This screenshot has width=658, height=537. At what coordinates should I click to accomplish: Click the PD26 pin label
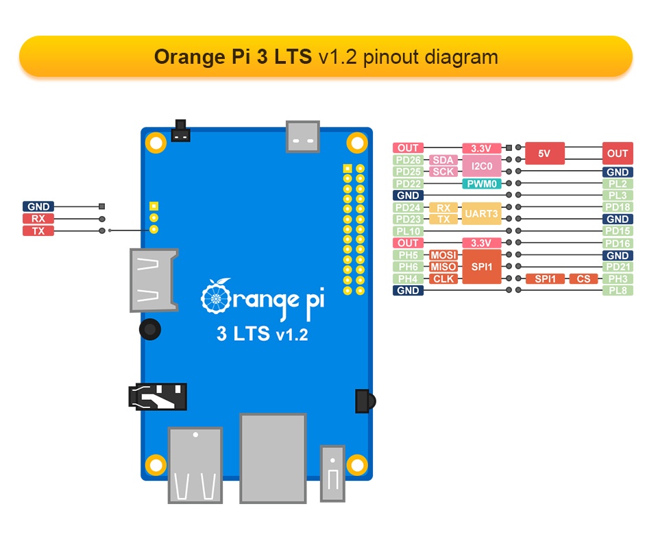(x=408, y=160)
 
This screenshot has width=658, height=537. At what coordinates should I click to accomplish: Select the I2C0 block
(x=482, y=166)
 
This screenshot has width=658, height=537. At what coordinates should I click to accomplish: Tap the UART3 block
(x=482, y=213)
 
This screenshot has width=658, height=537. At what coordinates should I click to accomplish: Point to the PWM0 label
(x=482, y=184)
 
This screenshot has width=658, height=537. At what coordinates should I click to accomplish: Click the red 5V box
(x=544, y=154)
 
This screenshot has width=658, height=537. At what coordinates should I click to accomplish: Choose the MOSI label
(x=443, y=255)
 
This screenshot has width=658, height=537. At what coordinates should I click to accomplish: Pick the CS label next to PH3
(x=583, y=279)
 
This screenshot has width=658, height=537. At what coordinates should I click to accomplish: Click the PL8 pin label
(x=618, y=291)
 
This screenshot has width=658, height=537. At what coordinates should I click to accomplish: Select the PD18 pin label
(x=618, y=207)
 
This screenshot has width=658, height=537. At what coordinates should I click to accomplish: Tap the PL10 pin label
(x=408, y=231)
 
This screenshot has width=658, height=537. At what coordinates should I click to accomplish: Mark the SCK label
(x=443, y=171)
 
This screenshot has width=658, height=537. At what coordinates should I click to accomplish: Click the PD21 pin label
(x=618, y=267)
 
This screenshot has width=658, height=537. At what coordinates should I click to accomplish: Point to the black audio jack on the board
(x=158, y=396)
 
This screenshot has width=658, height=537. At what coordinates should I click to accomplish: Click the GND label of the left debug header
(x=38, y=206)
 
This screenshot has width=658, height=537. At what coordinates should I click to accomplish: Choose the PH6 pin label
(x=408, y=267)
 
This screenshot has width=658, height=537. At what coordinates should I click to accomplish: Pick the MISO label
(x=443, y=267)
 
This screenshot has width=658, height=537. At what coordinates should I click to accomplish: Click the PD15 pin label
(x=618, y=231)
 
